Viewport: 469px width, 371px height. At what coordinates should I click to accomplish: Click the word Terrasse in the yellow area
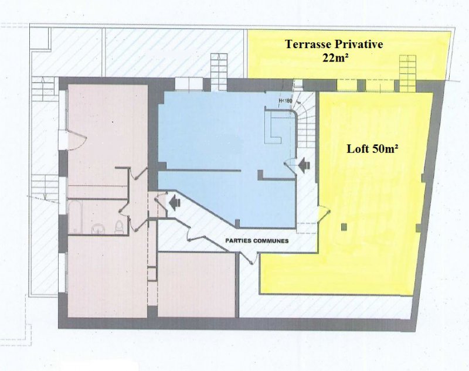click(308, 44)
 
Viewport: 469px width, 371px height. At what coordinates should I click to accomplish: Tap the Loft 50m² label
click(372, 149)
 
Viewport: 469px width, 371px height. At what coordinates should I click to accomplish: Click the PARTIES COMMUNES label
click(257, 241)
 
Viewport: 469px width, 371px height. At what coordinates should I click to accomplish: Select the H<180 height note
click(285, 101)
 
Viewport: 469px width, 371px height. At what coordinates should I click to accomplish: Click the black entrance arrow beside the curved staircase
click(303, 165)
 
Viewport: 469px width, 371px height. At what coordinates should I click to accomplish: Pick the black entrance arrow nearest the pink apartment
click(174, 203)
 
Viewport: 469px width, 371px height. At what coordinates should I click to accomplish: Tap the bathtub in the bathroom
click(74, 216)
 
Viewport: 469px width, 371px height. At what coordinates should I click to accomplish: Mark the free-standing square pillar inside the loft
click(345, 227)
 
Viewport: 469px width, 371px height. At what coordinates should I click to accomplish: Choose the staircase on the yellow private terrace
click(407, 73)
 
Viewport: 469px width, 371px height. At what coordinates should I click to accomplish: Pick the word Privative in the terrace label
click(359, 44)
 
